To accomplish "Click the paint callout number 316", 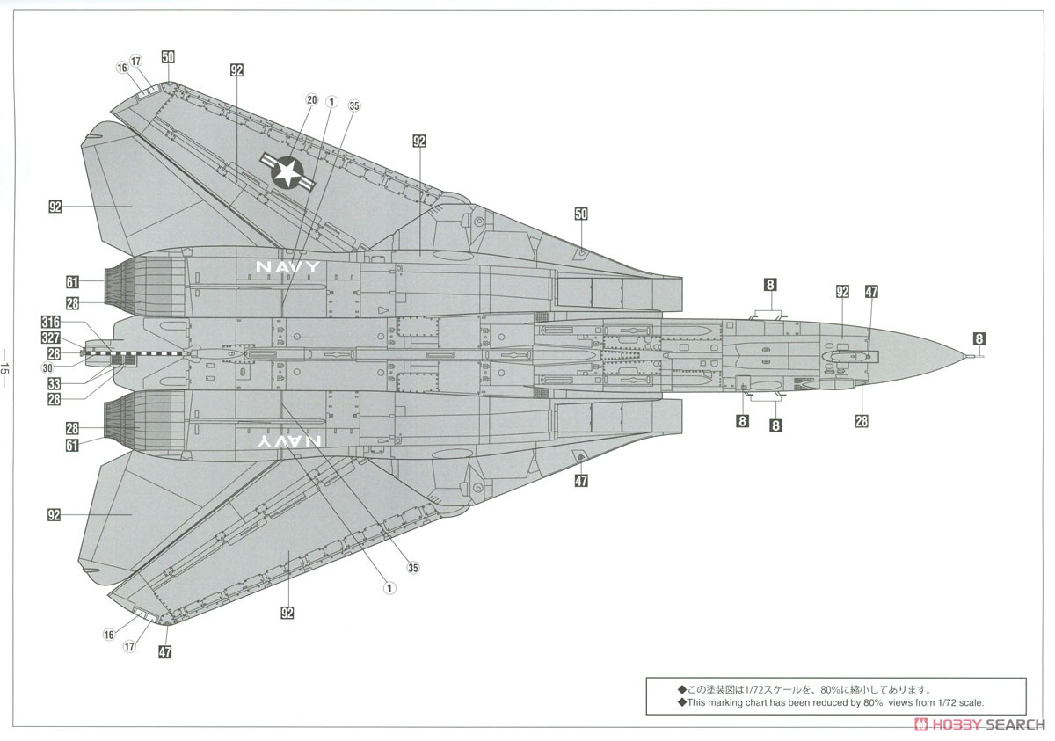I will pyautogui.click(x=50, y=322).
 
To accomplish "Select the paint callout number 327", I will pyautogui.click(x=50, y=338).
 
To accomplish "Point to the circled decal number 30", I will pyautogui.click(x=47, y=367).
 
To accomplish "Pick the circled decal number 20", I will pyautogui.click(x=310, y=100).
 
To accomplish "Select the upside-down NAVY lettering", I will pyautogui.click(x=287, y=443).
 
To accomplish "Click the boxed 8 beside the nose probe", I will pyautogui.click(x=979, y=338).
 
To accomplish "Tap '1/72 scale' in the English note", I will pyautogui.click(x=957, y=703).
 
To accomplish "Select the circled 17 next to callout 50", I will pyautogui.click(x=135, y=61).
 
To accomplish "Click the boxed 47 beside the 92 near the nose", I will pyautogui.click(x=871, y=292).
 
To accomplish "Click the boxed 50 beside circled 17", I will pyautogui.click(x=168, y=57).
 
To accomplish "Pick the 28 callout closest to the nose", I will pyautogui.click(x=862, y=421).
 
